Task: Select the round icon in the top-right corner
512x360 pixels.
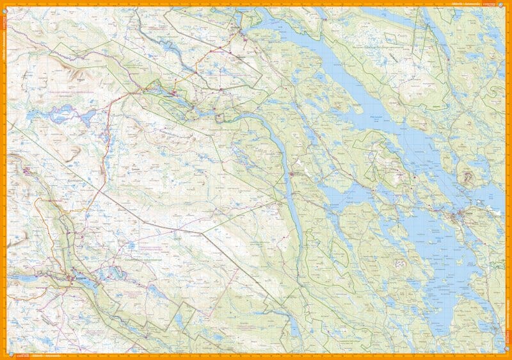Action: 507,4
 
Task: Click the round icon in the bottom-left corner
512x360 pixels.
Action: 4,356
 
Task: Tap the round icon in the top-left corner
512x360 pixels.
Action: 4,4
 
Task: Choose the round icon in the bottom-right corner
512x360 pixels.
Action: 507,356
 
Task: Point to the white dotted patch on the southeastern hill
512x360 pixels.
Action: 399,263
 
